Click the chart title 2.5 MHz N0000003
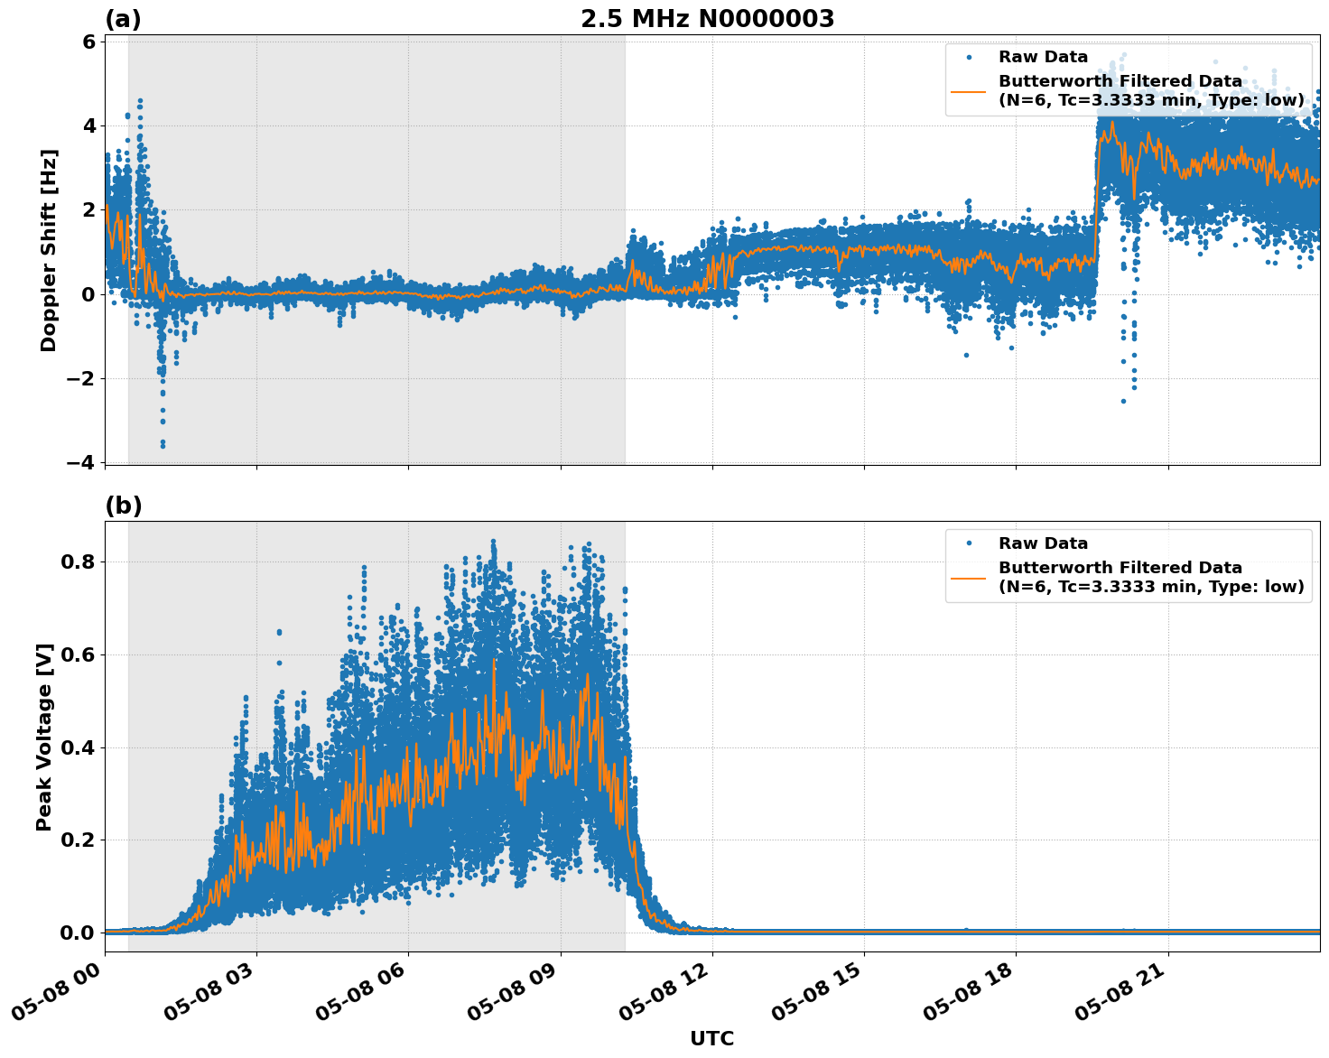point(707,19)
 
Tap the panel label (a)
point(124,19)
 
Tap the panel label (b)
point(124,506)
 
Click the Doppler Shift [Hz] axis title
point(49,250)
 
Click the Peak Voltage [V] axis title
point(44,737)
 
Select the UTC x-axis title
point(711,1038)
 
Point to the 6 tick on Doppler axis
point(88,42)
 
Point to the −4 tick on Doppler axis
point(81,462)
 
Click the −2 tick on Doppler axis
point(81,378)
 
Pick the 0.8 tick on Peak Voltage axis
point(83,561)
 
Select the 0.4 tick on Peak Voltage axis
point(83,747)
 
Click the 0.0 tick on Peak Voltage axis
point(83,933)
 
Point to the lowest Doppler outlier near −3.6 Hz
point(163,444)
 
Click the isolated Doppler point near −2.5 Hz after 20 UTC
point(1123,401)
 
